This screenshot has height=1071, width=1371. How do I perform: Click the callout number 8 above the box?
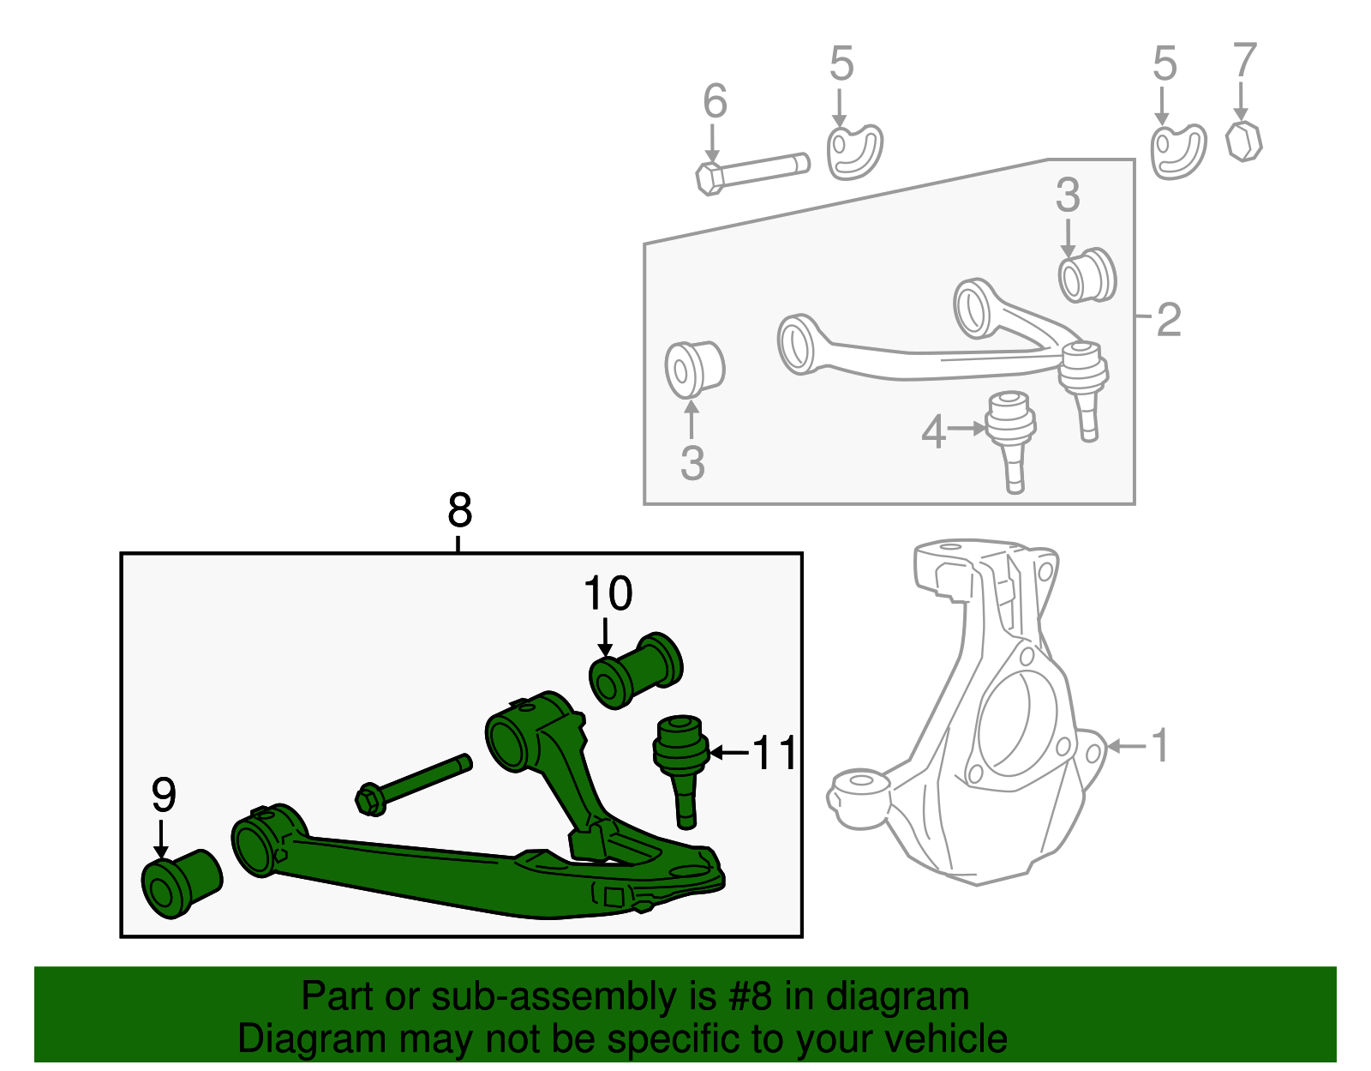pos(460,511)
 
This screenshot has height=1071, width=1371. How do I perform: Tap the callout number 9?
pos(164,795)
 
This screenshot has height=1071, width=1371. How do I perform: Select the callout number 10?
pos(608,593)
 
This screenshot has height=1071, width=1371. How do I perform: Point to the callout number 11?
pos(775,753)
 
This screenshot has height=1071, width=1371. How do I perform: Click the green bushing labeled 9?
pos(181,883)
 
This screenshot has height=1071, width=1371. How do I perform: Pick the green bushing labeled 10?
pos(636,671)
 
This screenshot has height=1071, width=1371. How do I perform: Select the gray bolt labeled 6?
pos(752,170)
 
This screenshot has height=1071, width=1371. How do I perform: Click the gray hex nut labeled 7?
pos(1243,141)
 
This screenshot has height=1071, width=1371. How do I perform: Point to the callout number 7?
pos(1244,61)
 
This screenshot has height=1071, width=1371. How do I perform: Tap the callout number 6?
pos(715,101)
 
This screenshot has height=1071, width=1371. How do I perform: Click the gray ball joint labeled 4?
pos(1011,436)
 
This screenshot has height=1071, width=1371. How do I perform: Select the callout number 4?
pos(933,432)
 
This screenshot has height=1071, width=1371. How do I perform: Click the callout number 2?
pos(1169,320)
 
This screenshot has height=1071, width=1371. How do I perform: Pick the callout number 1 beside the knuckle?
pos(1160,745)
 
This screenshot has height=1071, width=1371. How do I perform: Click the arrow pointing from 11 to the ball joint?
pos(728,753)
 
